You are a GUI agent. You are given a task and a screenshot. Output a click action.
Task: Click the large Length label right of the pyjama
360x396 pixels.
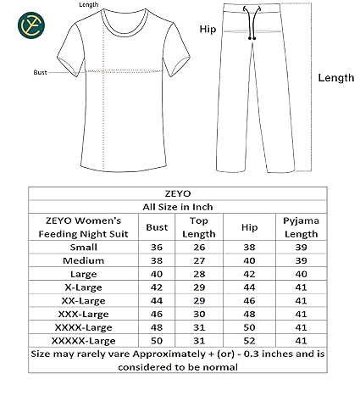[x=335, y=77]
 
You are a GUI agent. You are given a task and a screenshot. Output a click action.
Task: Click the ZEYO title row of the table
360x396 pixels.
[x=180, y=192]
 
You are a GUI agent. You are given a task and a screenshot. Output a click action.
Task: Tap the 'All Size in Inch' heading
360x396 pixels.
[x=180, y=206]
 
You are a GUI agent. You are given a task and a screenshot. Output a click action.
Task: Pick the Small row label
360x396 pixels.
[x=83, y=247]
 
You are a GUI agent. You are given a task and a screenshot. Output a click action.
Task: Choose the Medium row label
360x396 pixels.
[x=83, y=260]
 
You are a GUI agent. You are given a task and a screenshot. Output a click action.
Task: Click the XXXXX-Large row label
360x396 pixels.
[x=83, y=340]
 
